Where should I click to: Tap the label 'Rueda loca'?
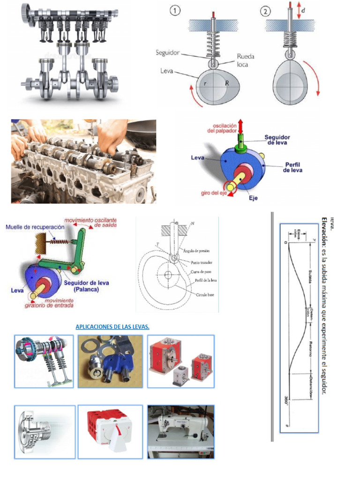tap(246, 60)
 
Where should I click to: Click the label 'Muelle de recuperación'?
tap(35, 227)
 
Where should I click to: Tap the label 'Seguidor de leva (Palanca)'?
tap(87, 286)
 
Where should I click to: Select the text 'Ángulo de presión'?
tap(197, 251)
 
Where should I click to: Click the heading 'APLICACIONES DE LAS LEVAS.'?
tap(112, 327)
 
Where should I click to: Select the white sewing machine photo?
tap(180, 432)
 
